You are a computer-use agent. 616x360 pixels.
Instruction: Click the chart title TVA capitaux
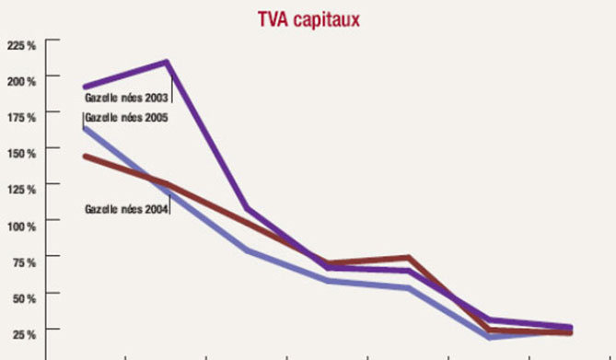[307, 18]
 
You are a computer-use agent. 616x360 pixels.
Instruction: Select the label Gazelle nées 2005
[125, 117]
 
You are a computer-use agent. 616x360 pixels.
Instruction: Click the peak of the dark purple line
[167, 63]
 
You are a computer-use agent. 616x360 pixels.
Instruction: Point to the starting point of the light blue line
[85, 128]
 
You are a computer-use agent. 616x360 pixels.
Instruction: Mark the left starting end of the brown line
[85, 157]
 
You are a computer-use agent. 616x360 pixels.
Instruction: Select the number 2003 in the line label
[156, 97]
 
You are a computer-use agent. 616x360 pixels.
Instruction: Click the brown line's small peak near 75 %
[407, 258]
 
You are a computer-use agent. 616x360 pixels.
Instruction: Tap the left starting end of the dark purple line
[85, 87]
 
